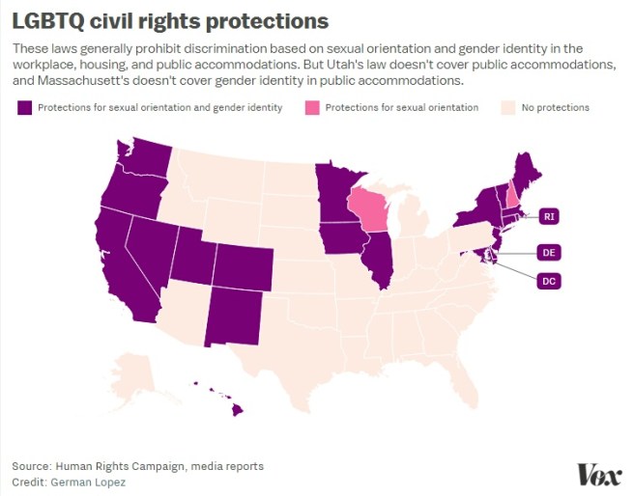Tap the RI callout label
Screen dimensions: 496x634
(x=548, y=216)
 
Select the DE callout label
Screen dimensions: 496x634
(x=548, y=253)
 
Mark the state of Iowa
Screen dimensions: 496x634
(x=339, y=237)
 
